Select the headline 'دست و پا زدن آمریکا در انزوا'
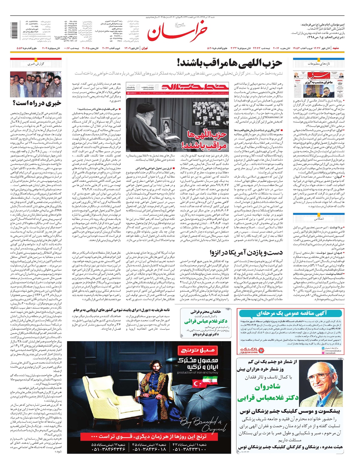click(x=246, y=252)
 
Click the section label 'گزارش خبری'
click(x=36, y=64)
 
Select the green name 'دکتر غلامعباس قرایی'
click(x=268, y=398)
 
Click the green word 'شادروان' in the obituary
click(x=268, y=387)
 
